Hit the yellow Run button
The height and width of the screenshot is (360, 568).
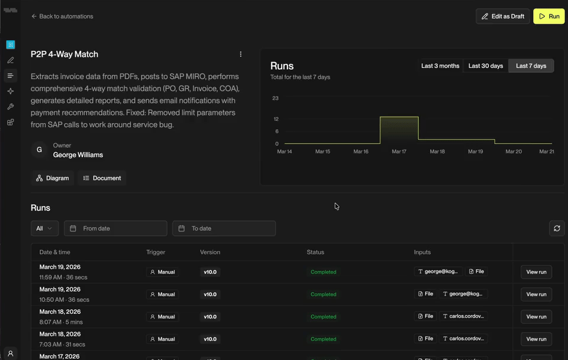[548, 17]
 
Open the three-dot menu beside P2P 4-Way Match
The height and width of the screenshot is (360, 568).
[241, 54]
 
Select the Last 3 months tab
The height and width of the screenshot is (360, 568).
[440, 66]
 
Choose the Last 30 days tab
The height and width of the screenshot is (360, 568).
[485, 66]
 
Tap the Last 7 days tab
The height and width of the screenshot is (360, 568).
[531, 66]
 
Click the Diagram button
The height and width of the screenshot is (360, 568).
[53, 178]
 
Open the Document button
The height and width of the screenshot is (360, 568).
[102, 178]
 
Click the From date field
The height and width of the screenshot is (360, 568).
[115, 229]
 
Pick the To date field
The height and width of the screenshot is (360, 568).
[224, 229]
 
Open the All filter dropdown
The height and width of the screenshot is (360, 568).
[44, 229]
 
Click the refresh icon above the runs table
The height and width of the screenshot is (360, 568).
[557, 229]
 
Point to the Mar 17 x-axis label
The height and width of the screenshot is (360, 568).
[399, 152]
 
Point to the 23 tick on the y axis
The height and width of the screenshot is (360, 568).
[275, 98]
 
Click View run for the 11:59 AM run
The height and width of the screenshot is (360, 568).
[536, 272]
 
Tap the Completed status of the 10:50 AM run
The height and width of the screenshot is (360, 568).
[324, 294]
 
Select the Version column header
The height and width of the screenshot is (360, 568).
[210, 252]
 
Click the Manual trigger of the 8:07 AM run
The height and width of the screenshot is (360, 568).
[162, 317]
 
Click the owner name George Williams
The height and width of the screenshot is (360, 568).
[78, 155]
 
